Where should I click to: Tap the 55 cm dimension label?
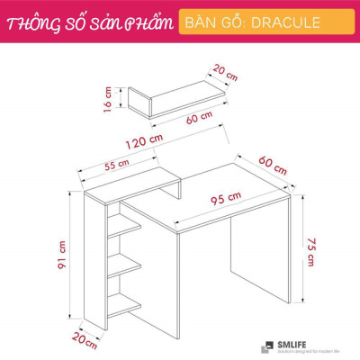click(118, 166)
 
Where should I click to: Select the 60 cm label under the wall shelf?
click(200, 118)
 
